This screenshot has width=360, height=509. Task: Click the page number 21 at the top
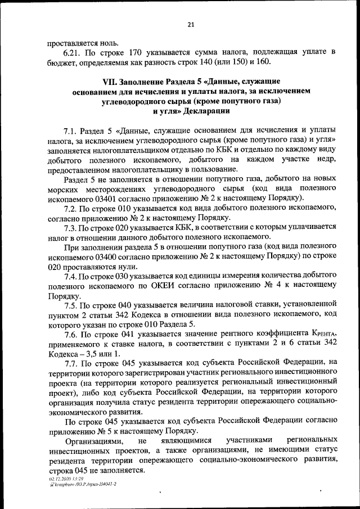click(x=191, y=24)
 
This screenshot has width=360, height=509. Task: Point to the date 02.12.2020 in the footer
click(x=60, y=477)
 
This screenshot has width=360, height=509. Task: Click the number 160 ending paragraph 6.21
click(x=263, y=62)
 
